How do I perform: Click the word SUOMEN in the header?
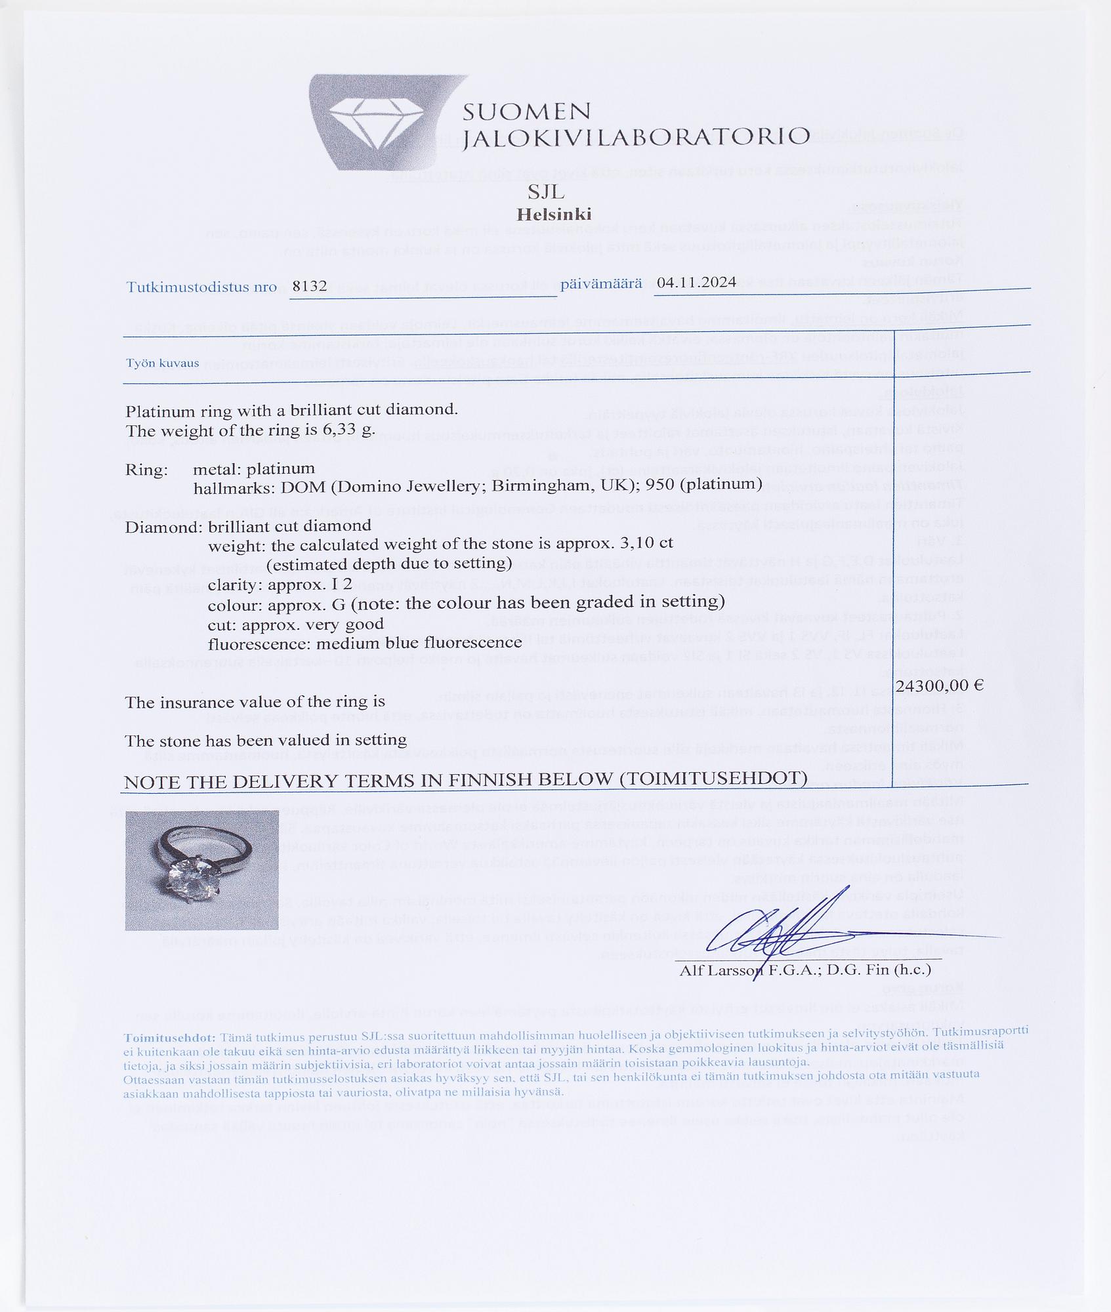tap(526, 112)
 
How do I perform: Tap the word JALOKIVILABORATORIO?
tap(635, 137)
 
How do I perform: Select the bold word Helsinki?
tap(554, 215)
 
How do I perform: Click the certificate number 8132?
tap(309, 286)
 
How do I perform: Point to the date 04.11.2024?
tap(696, 282)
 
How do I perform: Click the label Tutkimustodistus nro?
tap(201, 287)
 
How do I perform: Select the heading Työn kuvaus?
tap(162, 363)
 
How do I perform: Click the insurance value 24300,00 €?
tap(939, 686)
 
